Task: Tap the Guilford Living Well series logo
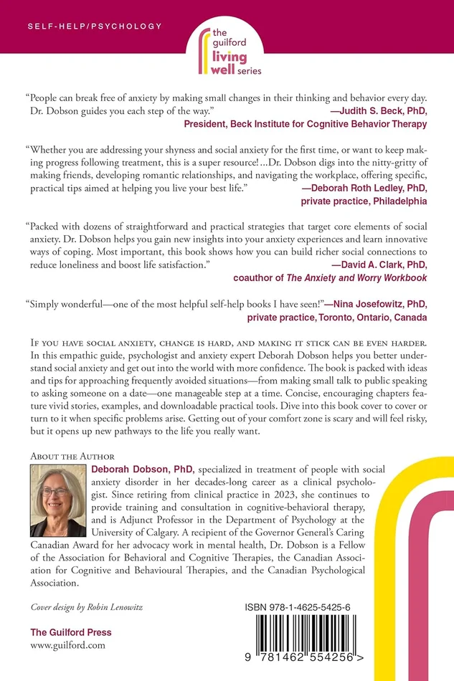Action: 227,51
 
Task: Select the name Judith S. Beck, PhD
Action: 387,111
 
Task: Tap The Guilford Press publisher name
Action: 70,632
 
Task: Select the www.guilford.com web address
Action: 68,645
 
